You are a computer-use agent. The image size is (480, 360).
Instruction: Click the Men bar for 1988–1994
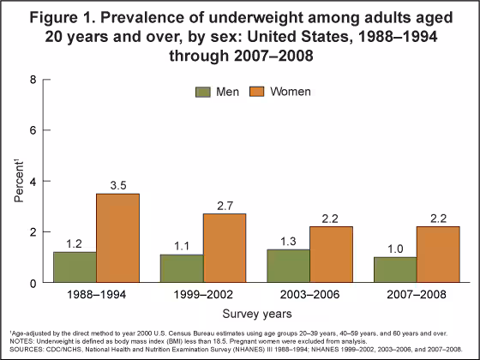(75, 267)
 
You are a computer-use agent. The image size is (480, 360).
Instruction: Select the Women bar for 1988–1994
(117, 238)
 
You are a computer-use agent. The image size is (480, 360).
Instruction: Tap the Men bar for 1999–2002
(182, 268)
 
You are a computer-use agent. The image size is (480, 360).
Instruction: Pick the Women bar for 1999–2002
(225, 249)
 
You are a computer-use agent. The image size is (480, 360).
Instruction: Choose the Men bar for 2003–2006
(289, 266)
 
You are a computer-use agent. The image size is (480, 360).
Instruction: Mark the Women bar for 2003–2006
(332, 255)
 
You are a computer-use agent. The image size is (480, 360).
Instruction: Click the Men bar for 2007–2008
(395, 270)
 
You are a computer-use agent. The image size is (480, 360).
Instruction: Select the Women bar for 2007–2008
(438, 255)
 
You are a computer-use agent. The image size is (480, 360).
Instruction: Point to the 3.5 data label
(117, 184)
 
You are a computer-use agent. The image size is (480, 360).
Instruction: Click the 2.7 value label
(225, 205)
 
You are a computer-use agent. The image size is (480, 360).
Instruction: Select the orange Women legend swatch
(256, 91)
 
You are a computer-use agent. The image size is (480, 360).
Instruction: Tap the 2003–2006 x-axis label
(310, 295)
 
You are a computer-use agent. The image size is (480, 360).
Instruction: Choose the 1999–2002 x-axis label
(203, 295)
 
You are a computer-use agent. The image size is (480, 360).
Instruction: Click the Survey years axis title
(256, 314)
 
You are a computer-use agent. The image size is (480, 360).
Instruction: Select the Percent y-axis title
(18, 181)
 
